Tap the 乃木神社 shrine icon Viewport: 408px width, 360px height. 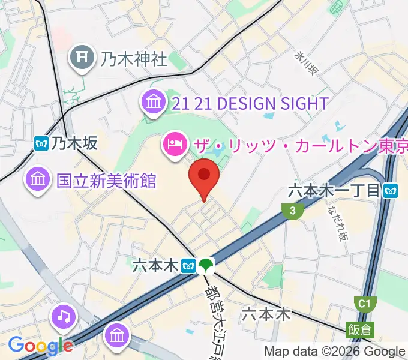click(82, 58)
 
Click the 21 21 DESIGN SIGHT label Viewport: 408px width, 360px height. click(250, 103)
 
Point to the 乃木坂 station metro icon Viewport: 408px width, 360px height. click(41, 143)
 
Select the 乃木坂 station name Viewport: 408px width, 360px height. click(74, 143)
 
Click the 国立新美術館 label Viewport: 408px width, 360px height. click(106, 181)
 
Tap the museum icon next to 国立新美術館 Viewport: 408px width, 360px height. click(37, 179)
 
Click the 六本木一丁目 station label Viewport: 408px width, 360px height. click(334, 191)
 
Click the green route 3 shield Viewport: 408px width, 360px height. click(292, 210)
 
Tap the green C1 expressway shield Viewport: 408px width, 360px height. click(364, 304)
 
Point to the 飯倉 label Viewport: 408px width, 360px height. click(359, 329)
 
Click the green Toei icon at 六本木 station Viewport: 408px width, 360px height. click(207, 265)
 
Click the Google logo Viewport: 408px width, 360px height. click(40, 345)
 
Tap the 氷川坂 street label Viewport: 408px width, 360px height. click(305, 63)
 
